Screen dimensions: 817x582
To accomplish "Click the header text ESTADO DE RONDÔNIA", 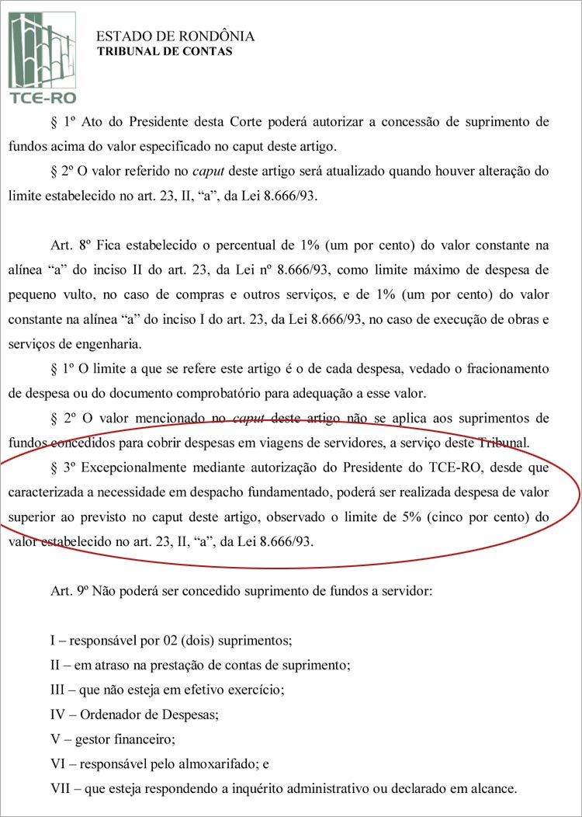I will click(175, 37).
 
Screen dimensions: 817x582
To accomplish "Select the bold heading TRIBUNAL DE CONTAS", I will click(163, 52).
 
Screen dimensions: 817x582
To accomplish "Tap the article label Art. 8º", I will click(68, 246).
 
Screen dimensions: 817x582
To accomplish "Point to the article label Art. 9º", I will click(68, 590).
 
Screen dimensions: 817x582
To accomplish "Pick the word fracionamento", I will click(510, 370).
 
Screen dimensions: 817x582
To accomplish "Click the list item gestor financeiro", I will click(126, 739).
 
